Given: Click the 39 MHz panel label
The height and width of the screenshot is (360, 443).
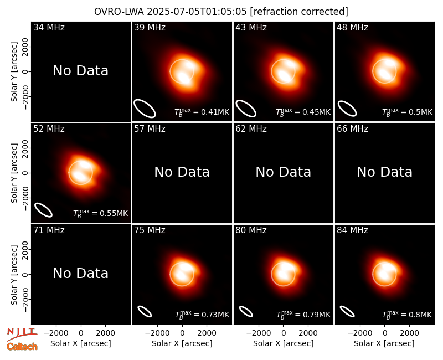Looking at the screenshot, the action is point(150,27).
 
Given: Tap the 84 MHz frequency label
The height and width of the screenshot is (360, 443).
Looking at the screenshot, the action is point(352,230).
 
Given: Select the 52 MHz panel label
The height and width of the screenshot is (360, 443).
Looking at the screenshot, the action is point(49,129).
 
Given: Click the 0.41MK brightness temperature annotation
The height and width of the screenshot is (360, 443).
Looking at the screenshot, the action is point(202,112).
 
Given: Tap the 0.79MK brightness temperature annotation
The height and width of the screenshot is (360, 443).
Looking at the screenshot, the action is point(303,315).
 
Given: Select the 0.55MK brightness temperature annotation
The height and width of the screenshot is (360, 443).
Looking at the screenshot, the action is point(101,213).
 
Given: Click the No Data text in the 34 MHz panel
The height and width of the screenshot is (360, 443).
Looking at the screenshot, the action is point(80,71).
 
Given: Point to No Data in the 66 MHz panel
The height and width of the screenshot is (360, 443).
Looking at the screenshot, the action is point(384,172).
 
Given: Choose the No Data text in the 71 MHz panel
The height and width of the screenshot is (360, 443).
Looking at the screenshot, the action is point(80,273).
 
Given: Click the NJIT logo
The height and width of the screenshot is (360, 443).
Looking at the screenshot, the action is point(22,333).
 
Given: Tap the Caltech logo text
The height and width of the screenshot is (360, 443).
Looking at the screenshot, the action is point(22,347).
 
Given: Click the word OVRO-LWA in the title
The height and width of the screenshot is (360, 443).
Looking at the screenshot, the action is point(119,12).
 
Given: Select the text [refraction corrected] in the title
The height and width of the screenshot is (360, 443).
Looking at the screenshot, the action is point(299,12).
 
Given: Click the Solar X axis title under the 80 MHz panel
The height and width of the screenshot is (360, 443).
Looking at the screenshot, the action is point(284,343).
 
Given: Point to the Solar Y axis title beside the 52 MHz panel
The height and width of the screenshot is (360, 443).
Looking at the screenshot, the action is point(14,173).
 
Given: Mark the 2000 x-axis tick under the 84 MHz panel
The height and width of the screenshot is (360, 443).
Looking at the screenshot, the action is point(409,333).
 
